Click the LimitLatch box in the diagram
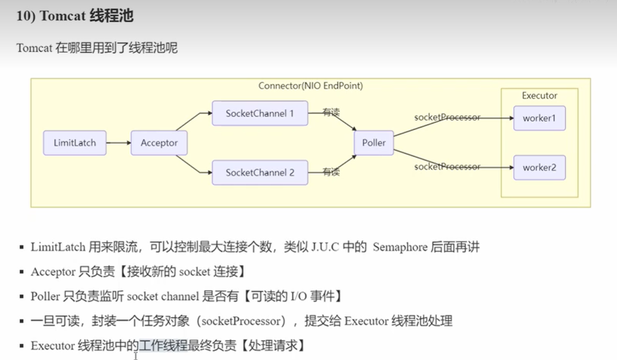(74, 143)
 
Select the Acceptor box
(159, 143)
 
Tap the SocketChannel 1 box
(260, 114)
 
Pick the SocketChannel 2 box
(260, 173)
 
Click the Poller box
(374, 143)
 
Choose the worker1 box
(539, 118)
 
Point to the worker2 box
(539, 168)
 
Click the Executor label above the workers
(539, 96)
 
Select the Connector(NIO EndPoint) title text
(311, 86)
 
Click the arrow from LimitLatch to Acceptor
(119, 143)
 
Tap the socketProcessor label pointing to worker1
(447, 118)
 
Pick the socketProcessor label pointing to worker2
(447, 167)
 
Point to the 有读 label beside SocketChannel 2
(331, 172)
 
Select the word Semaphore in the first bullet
(400, 247)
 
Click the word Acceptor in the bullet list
(53, 272)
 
